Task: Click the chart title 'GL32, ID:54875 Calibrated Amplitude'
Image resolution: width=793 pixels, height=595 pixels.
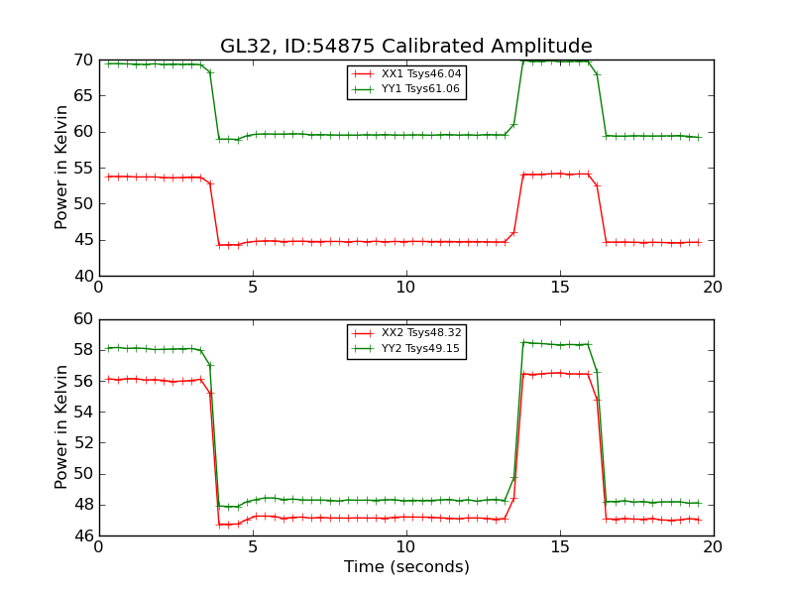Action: coord(406,47)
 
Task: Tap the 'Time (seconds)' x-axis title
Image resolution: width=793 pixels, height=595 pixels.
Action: coord(406,567)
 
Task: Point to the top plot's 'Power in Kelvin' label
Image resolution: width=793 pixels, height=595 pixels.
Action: coord(62,168)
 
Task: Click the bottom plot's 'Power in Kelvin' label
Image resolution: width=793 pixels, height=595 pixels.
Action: coord(62,427)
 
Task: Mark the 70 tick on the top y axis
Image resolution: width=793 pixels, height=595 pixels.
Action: coord(82,60)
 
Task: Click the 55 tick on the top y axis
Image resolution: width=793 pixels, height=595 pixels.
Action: coord(82,168)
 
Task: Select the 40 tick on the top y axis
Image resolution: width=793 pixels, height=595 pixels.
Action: coord(82,276)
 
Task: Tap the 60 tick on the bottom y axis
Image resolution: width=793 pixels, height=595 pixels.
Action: coord(82,319)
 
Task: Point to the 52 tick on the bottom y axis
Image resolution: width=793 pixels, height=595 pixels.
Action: coord(82,443)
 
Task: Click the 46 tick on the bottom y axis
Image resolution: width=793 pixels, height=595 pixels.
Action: coord(82,535)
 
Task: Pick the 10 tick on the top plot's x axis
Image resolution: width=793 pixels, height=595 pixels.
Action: coord(406,288)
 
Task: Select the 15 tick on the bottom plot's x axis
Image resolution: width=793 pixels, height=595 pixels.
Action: coord(560,547)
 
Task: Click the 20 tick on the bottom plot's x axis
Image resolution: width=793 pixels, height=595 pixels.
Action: coord(714,547)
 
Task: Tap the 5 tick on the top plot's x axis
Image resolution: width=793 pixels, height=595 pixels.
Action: coord(253,288)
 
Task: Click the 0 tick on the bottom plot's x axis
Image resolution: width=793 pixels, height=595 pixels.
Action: coord(99,547)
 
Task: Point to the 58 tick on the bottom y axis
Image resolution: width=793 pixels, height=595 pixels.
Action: coord(82,350)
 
